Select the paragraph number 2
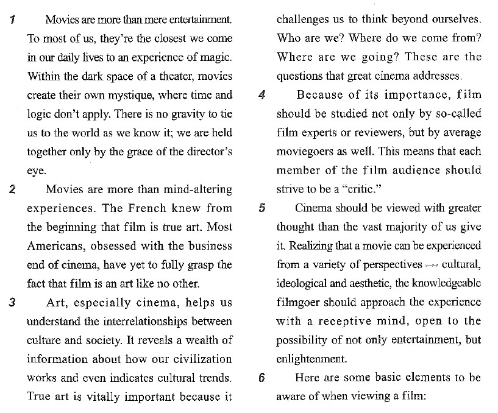coord(13,189)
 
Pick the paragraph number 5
coord(261,208)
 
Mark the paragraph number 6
coord(261,378)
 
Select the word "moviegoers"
coord(304,152)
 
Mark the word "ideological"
coord(308,284)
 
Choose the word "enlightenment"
coord(311,359)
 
